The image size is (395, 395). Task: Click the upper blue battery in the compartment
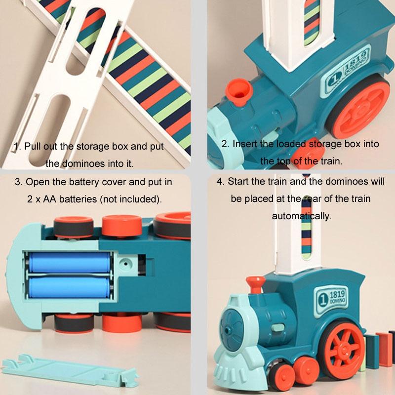tap(70, 263)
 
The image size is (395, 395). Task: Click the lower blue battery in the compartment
tap(69, 287)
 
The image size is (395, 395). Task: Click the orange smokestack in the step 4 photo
tap(255, 285)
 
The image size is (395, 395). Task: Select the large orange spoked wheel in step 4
tap(344, 350)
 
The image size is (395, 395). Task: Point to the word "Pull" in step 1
tap(33, 146)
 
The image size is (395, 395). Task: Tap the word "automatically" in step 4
tap(302, 216)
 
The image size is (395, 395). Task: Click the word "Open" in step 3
tap(36, 182)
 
